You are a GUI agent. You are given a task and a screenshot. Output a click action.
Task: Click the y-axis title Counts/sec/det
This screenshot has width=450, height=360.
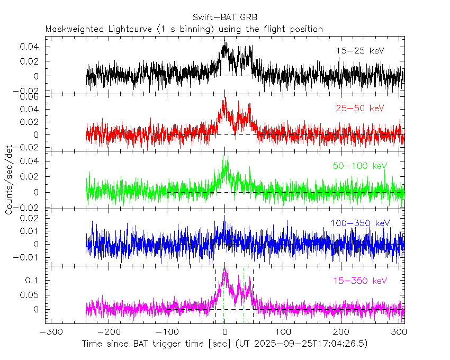[10, 180]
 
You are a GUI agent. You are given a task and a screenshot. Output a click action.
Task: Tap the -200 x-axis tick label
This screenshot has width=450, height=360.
[108, 332]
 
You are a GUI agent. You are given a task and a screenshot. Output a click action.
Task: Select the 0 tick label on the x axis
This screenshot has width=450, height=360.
[225, 332]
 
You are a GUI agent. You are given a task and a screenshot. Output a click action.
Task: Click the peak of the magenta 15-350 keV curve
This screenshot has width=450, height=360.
[226, 269]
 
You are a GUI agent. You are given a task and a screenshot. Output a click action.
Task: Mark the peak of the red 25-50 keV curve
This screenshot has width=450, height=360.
[225, 97]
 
